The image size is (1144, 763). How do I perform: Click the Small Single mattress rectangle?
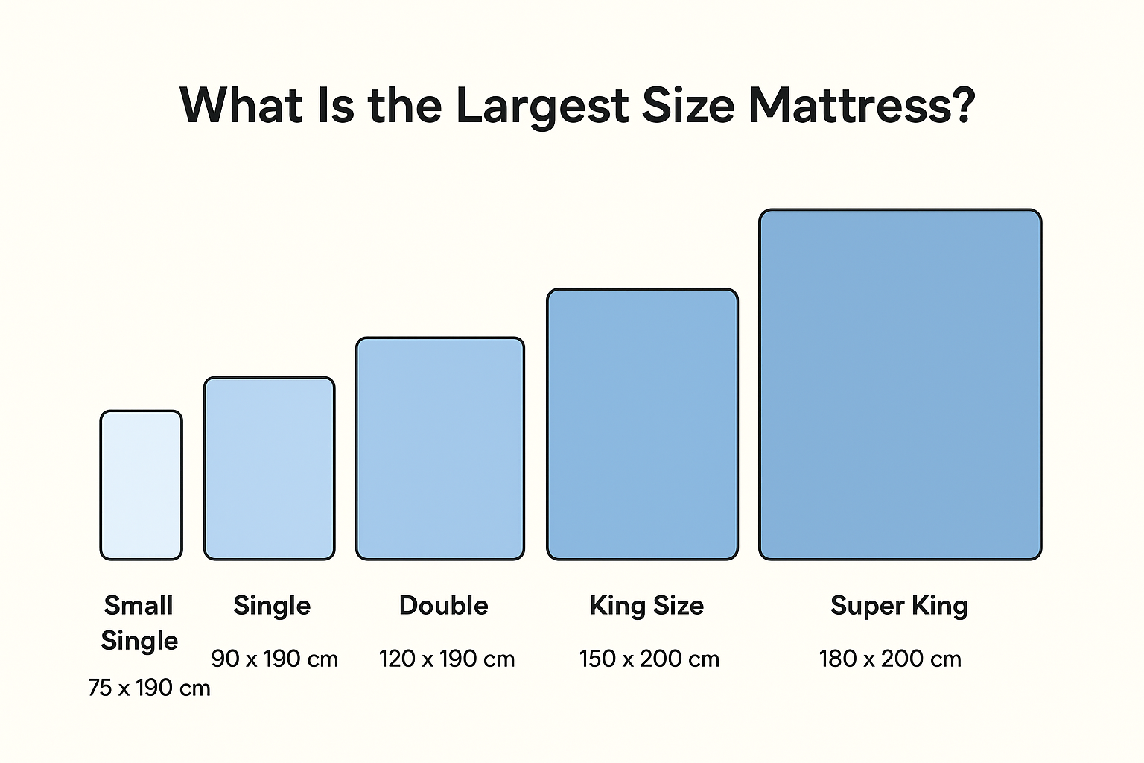coord(141,484)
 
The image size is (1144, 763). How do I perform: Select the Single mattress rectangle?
coord(269,468)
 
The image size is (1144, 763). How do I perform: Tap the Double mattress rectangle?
coord(439,448)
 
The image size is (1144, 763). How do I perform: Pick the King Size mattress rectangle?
coord(642,424)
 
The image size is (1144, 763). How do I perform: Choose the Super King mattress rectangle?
coord(900,384)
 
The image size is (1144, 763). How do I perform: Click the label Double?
coord(443,605)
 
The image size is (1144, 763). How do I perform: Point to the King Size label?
coord(646,605)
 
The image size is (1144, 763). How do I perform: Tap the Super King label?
coord(899,606)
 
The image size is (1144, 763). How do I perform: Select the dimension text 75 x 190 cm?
coord(149,687)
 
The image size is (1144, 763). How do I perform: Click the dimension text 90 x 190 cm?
coord(274,659)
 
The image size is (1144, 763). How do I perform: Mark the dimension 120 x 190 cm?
coord(446,659)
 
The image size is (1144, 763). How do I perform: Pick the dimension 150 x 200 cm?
coord(649,659)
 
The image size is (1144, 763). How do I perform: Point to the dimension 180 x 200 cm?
coord(890,659)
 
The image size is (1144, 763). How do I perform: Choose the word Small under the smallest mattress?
coord(139,605)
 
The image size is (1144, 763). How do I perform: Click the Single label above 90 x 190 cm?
coord(272,605)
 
